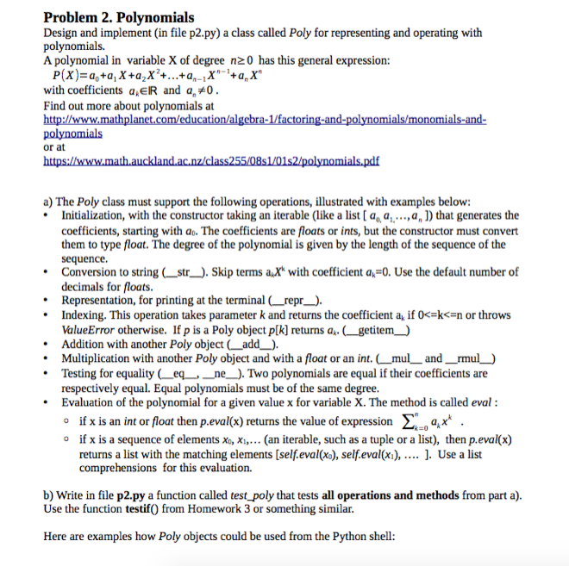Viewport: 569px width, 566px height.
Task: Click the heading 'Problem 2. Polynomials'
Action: pyautogui.click(x=118, y=16)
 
